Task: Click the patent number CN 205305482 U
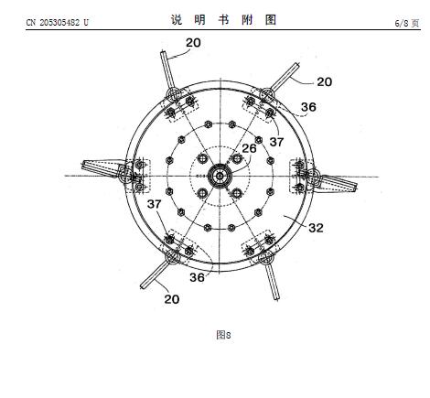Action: [57, 23]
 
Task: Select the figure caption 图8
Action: [223, 335]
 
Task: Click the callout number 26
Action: [249, 148]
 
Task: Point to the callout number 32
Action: [316, 228]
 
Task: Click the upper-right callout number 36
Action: [308, 107]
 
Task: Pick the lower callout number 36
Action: [197, 277]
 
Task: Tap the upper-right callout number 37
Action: [276, 142]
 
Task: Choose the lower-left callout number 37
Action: [154, 204]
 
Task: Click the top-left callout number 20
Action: [193, 43]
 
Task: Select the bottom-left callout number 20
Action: [172, 299]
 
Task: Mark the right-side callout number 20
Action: [324, 81]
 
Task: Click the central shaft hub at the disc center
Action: [220, 176]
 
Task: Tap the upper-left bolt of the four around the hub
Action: [202, 158]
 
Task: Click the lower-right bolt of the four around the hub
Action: [237, 193]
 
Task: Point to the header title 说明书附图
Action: [223, 20]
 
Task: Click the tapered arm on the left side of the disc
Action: [102, 167]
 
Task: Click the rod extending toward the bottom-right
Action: [272, 281]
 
